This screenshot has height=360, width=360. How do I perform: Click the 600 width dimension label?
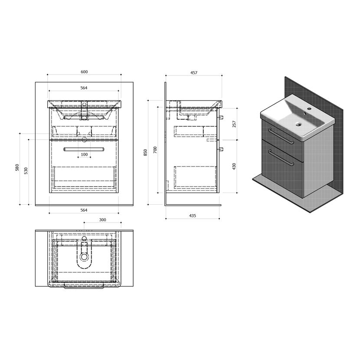[x=84, y=72]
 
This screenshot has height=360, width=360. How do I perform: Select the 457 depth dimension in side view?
[x=194, y=73]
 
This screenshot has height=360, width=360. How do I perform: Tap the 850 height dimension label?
[x=145, y=153]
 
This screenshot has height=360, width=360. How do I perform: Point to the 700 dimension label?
[x=155, y=150]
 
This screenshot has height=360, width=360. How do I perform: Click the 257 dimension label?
[x=234, y=124]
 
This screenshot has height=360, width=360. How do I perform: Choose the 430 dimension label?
[x=234, y=167]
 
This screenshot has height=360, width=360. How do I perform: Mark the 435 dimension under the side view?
[x=193, y=216]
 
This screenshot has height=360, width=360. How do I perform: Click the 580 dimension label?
[x=17, y=167]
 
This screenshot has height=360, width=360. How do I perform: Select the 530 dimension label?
[x=26, y=171]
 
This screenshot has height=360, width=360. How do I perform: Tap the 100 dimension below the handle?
[x=84, y=154]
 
